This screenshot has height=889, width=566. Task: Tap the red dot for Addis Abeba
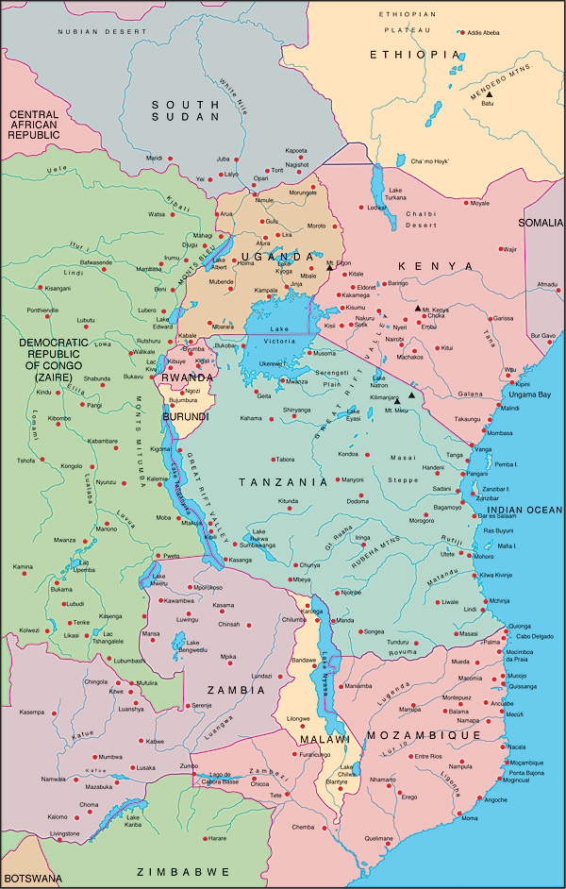point(461,31)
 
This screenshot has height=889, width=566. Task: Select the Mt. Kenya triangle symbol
point(417,308)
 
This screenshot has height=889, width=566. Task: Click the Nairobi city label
point(394,339)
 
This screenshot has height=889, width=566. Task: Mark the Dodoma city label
point(358,501)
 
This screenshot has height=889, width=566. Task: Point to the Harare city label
point(217,838)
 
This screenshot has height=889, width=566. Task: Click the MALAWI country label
point(317,739)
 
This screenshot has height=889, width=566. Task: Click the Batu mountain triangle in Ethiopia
point(489,92)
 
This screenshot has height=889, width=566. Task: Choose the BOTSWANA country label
point(31,878)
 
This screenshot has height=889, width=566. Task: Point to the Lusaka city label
point(145,768)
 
